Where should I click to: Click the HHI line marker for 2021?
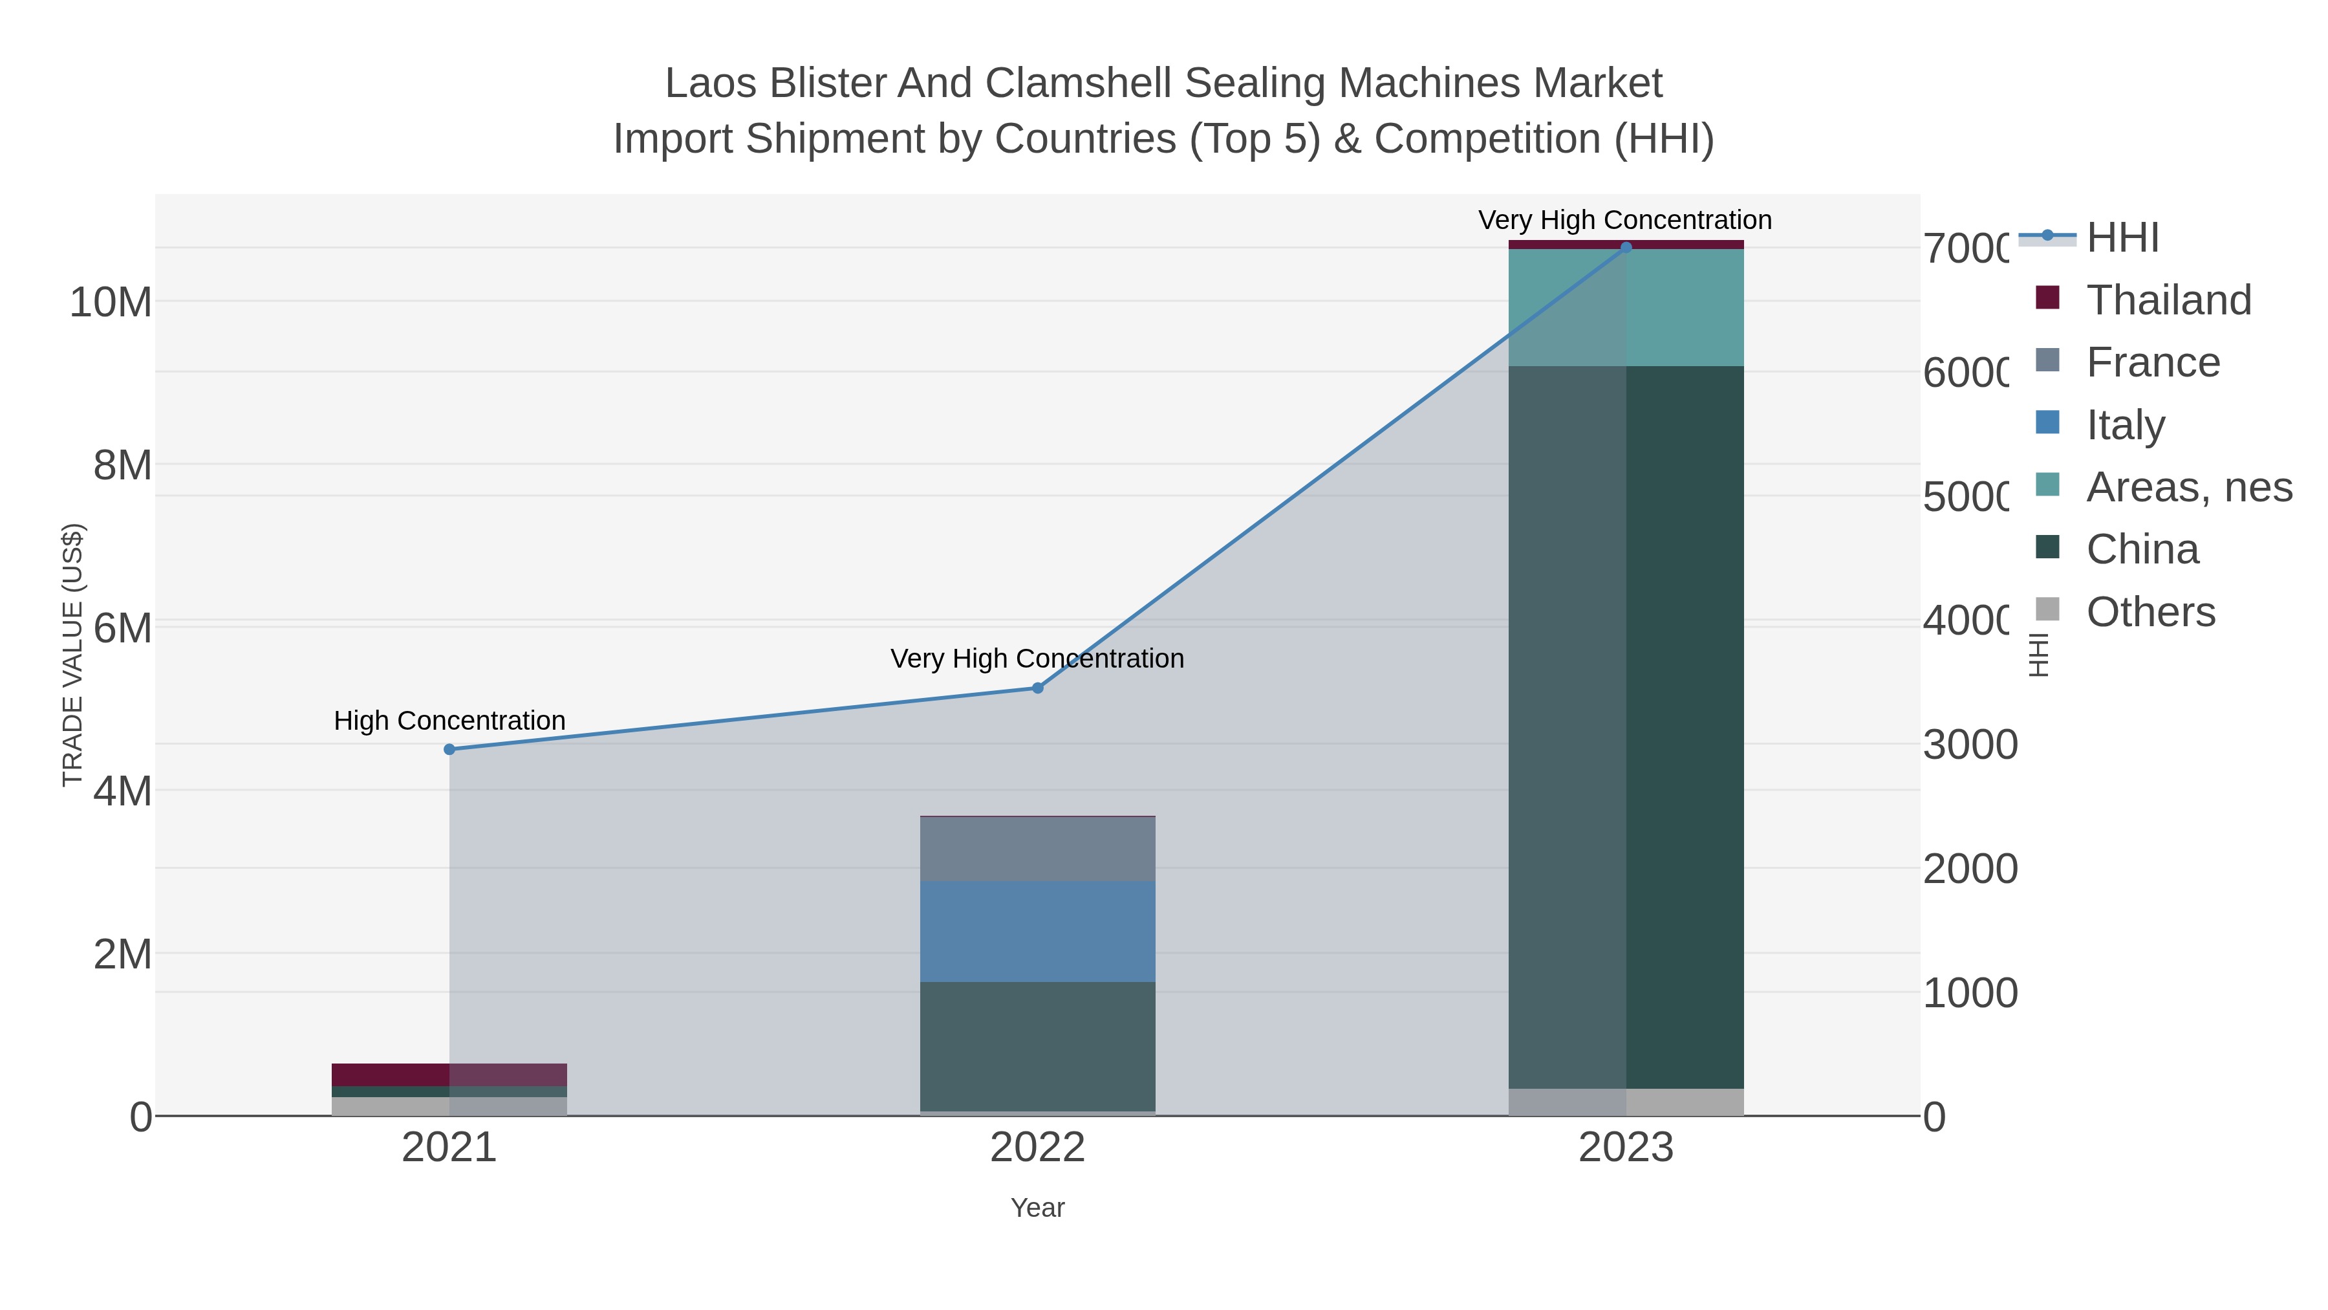(449, 750)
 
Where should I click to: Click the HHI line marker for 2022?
(1037, 688)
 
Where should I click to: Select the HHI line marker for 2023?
(1626, 248)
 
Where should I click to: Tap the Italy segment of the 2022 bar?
(1037, 931)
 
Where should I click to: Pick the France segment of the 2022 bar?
(1037, 849)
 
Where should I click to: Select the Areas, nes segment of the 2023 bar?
(1626, 307)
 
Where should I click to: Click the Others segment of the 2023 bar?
(1626, 1102)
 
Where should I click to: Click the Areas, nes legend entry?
(2188, 487)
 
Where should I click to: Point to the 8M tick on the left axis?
(122, 466)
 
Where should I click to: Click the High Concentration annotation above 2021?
(449, 721)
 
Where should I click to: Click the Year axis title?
(1037, 1208)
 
